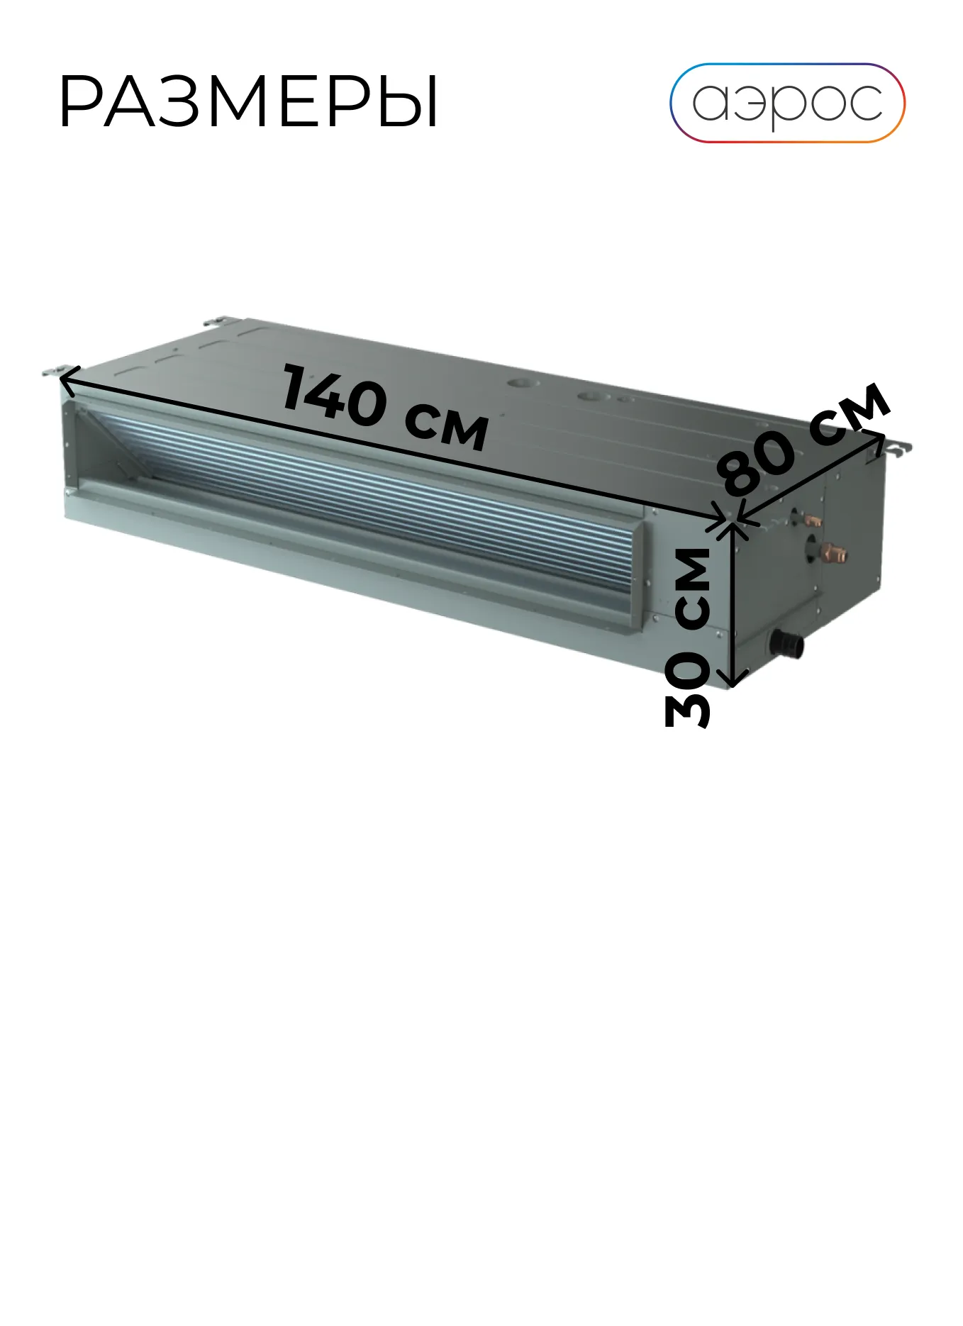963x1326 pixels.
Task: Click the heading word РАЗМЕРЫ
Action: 249,104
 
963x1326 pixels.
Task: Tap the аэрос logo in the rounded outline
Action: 787,103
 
